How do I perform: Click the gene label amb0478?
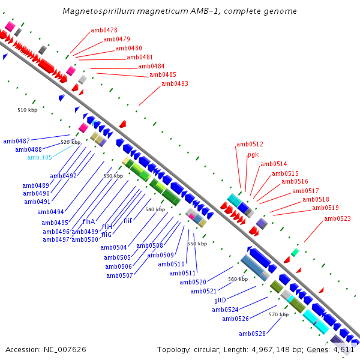coord(104,30)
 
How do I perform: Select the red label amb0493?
coord(175,83)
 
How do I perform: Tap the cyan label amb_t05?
coord(40,157)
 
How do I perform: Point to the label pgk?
coord(253,154)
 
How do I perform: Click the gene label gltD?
coord(220,299)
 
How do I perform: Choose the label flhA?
coord(89,221)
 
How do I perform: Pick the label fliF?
coord(128,221)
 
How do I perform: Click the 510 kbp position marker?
coord(27,110)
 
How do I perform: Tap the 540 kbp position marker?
coord(155,209)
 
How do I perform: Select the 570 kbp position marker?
coord(278,314)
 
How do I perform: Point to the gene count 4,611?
coord(344,349)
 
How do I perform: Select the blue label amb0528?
coord(252,334)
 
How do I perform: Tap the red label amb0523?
coord(337,218)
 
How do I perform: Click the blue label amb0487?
coord(16,141)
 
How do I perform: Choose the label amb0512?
coord(250,144)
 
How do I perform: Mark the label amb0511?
coord(182,273)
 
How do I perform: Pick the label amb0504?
coord(113,247)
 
